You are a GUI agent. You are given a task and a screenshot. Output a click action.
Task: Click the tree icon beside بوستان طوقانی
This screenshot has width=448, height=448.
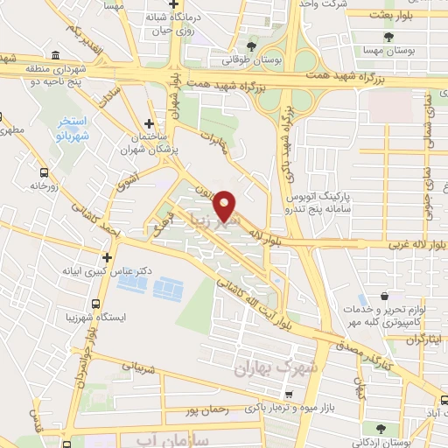[x=252, y=45]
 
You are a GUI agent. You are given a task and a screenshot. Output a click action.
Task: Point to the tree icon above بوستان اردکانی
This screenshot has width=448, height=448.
[x=381, y=429]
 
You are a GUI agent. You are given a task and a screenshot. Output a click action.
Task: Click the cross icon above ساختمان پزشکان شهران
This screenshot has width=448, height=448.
[x=150, y=124]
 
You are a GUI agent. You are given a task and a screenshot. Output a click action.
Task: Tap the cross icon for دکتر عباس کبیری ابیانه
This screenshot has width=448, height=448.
[x=107, y=257]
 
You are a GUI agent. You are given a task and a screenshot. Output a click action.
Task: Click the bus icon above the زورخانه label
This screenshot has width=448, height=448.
[x=44, y=172]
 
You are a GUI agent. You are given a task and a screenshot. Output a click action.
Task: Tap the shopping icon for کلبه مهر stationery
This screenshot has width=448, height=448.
[x=385, y=298]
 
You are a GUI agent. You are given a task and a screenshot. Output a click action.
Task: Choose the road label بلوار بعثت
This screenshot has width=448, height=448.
[x=413, y=16]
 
